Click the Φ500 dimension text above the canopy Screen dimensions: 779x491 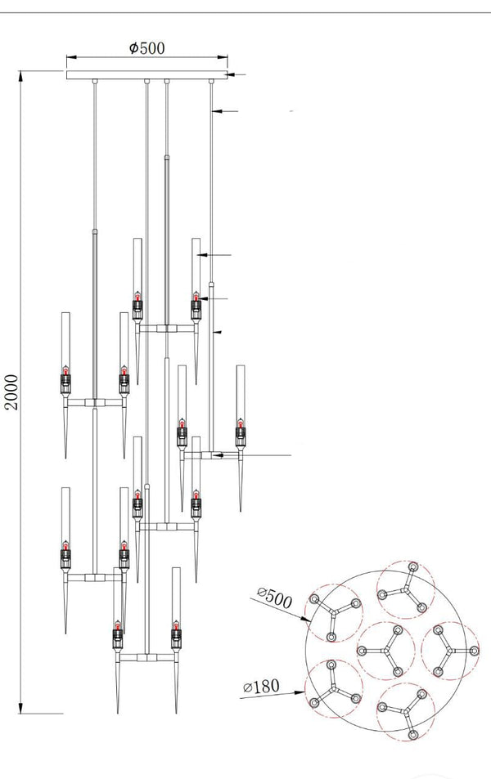point(147,47)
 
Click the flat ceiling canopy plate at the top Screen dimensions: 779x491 point(147,75)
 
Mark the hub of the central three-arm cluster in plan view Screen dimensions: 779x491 point(385,650)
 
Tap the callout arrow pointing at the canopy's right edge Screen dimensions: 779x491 point(232,75)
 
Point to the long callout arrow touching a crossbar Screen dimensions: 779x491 point(245,454)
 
